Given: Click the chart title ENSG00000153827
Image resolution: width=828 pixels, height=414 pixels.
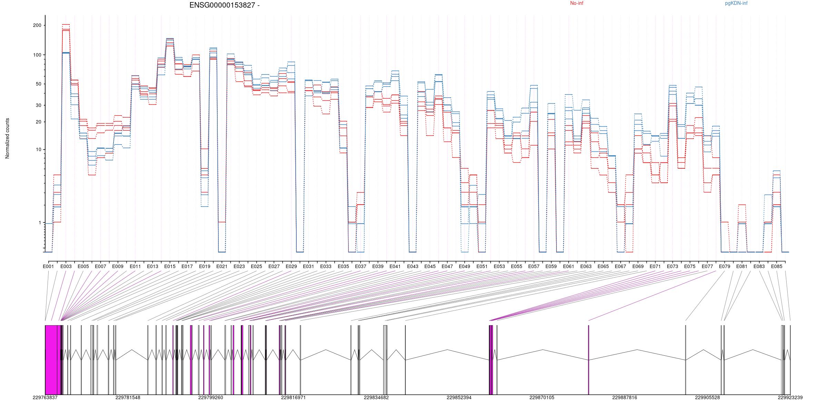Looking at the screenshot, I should (x=224, y=5).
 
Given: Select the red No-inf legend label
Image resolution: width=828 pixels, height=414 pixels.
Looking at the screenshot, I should (x=576, y=3).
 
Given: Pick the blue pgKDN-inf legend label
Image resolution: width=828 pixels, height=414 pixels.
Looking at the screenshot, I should (x=736, y=3).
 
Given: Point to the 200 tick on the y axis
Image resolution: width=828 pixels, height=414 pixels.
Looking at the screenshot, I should (x=37, y=26).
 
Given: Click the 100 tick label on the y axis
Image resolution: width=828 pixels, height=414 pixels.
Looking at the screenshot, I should (x=37, y=55).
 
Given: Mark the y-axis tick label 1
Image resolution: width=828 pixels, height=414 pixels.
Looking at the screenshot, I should (x=40, y=223).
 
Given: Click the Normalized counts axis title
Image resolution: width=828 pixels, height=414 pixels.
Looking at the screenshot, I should (x=7, y=138).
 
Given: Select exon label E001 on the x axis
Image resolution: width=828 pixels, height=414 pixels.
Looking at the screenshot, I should (x=48, y=267).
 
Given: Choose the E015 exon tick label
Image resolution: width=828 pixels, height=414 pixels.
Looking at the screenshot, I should (x=170, y=267).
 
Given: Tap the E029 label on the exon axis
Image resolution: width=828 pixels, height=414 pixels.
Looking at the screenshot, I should (x=291, y=267).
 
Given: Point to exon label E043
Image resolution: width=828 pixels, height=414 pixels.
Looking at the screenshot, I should (x=413, y=267).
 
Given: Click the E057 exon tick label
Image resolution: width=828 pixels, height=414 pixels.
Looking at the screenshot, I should (x=534, y=267).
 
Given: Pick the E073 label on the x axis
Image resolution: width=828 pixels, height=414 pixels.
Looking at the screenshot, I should (x=672, y=267).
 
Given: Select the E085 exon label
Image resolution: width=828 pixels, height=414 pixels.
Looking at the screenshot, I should (x=777, y=267).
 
